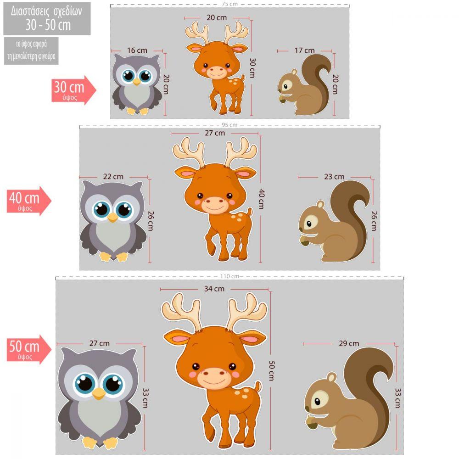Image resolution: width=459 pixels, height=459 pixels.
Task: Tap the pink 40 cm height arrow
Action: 29,201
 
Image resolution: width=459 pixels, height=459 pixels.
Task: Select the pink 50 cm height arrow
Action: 29,349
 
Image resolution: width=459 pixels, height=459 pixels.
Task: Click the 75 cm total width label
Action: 229,4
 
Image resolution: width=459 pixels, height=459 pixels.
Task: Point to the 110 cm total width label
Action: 229,276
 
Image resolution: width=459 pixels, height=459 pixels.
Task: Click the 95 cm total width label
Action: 229,125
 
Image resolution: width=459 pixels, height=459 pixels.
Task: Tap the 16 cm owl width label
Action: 137,50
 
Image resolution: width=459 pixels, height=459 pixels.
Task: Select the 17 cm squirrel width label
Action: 304,50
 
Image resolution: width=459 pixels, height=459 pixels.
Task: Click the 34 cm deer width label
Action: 214,289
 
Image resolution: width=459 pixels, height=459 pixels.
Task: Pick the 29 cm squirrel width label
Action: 349,343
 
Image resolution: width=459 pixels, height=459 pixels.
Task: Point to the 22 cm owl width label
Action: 113,177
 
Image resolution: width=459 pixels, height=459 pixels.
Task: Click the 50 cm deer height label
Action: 271,370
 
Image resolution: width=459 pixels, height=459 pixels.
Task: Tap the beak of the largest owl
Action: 99,393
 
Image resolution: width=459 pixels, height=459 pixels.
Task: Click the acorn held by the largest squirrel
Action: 312,422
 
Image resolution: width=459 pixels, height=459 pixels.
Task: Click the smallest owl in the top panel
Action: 137,84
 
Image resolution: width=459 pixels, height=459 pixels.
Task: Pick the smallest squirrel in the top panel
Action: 304,84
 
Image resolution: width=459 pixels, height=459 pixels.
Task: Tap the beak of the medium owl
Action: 112,218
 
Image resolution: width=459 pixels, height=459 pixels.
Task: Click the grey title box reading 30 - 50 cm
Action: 47,19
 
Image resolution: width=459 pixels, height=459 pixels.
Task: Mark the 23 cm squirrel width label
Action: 334,177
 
